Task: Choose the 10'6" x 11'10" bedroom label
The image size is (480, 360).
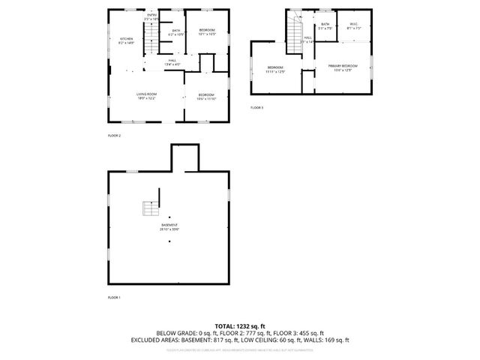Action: [206, 96]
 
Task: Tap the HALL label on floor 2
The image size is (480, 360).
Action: [172, 62]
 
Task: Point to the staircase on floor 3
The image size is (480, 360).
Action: [293, 29]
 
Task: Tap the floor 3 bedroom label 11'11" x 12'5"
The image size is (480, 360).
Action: [276, 70]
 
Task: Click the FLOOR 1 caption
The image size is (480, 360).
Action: [115, 298]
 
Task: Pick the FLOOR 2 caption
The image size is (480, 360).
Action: [115, 136]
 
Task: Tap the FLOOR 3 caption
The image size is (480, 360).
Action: [257, 108]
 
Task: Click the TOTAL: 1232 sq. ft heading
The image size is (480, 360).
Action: [240, 326]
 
